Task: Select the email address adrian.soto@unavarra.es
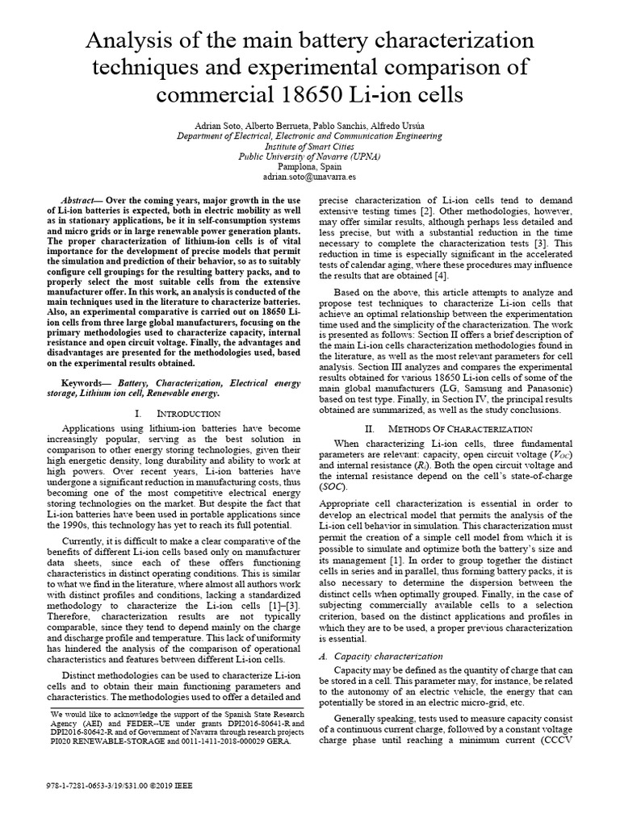click(310, 175)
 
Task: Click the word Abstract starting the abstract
click(77, 199)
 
